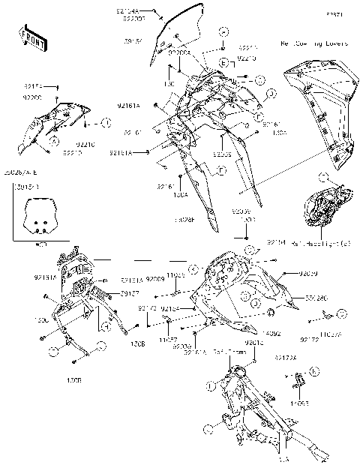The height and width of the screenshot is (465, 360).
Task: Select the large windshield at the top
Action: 178,34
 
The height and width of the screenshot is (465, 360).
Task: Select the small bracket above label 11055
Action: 298,384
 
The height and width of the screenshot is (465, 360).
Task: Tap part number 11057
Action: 167,340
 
